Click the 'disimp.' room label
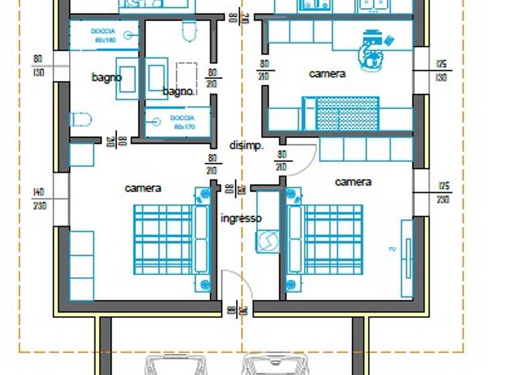click(246, 145)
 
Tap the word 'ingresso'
click(241, 218)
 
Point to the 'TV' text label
click(392, 249)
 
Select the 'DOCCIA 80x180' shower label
click(104, 35)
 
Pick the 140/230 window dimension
click(39, 199)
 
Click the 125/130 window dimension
click(441, 70)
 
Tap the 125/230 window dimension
click(443, 192)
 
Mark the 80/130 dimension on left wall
click(38, 65)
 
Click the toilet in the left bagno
click(81, 120)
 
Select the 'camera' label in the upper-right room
click(327, 74)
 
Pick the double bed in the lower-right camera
click(325, 239)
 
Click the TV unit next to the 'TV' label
click(406, 257)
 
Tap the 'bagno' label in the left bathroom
click(106, 78)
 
